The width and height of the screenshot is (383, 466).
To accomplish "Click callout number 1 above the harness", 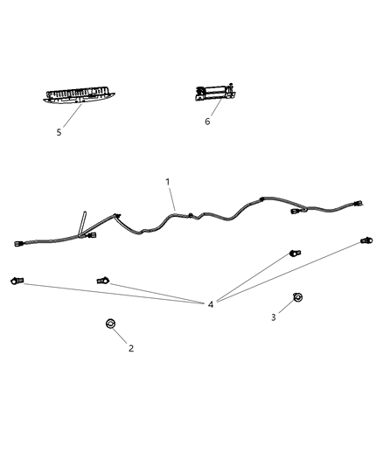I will pos(168,182).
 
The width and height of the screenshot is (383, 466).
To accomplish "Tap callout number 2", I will pos(130,348).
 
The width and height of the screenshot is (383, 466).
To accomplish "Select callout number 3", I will pos(273,317).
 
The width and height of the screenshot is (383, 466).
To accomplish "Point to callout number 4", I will pos(211,304).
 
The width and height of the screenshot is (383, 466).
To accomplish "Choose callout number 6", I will pos(207,122).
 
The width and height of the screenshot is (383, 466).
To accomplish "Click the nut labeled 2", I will pos(110,325).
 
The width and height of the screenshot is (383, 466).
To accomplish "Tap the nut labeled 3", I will pos(297,298).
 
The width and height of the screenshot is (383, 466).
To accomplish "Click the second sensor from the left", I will pos(102,280).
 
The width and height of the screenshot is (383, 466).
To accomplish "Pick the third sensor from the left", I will pos(294,254).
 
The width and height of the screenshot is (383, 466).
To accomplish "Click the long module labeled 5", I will pos(78,96).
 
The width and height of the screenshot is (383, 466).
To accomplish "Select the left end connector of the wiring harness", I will pos(20,244).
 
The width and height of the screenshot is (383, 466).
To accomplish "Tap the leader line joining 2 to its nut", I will pos(121,337).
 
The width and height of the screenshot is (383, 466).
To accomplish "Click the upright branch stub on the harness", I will pos(80,222).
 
